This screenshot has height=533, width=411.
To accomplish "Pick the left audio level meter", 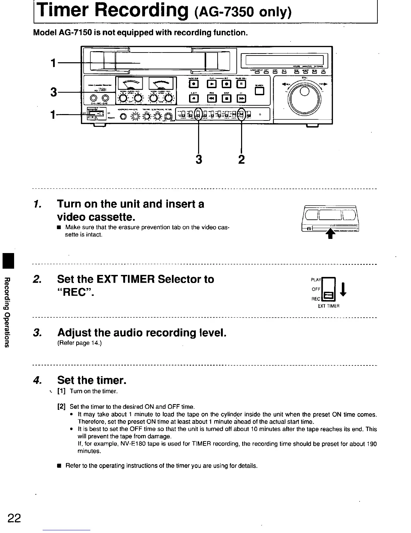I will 130,84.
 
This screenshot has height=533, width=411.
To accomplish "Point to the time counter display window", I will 284,61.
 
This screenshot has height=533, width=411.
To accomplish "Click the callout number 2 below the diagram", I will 241,159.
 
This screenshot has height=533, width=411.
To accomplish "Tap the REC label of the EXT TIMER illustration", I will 316,299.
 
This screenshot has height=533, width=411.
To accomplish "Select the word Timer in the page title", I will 63,11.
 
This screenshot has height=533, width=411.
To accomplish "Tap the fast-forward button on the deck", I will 241,98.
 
